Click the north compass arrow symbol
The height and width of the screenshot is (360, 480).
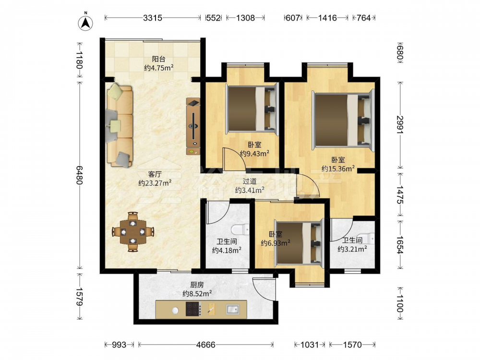(x=86, y=22)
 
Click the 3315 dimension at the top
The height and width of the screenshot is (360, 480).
(x=153, y=18)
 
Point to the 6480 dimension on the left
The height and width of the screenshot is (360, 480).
(x=79, y=175)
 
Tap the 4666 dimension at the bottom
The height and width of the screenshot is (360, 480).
(x=206, y=345)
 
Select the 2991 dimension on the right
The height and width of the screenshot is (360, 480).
(x=400, y=125)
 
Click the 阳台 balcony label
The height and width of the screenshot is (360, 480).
(x=158, y=59)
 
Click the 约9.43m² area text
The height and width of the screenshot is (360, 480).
(x=254, y=154)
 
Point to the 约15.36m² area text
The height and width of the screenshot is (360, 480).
(x=338, y=168)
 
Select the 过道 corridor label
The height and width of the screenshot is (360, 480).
(x=250, y=181)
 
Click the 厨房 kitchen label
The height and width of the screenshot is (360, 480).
(x=197, y=285)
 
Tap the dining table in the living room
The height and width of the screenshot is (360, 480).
(x=132, y=232)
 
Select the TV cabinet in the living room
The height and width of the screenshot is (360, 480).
(x=193, y=126)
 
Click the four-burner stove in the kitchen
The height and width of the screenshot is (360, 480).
(x=193, y=309)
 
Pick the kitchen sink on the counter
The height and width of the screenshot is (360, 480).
(x=233, y=310)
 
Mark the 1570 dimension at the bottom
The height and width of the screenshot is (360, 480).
(x=352, y=345)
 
